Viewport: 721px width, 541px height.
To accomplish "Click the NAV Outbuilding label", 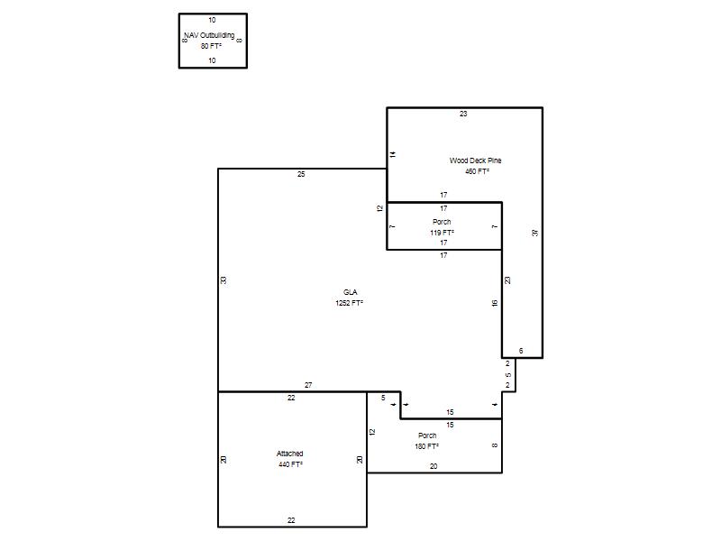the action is [x=210, y=35].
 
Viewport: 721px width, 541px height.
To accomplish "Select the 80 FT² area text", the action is [x=211, y=46].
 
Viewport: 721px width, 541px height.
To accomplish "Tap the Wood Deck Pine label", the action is [x=476, y=160].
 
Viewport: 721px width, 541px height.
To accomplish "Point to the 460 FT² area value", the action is [x=477, y=171].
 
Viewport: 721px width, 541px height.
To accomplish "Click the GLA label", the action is [x=350, y=292].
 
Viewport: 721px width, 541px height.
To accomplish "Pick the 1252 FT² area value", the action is [x=349, y=303].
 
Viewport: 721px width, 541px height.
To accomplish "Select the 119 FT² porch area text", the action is [x=442, y=233].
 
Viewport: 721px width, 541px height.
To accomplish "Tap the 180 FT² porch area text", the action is [x=426, y=446].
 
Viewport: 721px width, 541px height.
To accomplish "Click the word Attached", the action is [x=289, y=454].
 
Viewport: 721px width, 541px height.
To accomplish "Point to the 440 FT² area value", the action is [x=290, y=464].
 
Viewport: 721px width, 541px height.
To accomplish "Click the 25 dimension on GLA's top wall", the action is [x=301, y=174].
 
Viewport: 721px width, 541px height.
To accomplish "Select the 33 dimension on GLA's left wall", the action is [x=224, y=280].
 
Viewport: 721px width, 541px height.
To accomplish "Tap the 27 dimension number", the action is [x=308, y=385].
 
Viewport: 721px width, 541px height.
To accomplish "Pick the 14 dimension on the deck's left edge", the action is [x=393, y=154].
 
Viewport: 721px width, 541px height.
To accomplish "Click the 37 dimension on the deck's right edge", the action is [x=534, y=233].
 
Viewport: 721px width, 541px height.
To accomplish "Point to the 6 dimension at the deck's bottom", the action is [x=521, y=351].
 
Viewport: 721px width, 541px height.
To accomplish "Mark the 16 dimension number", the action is [x=495, y=303].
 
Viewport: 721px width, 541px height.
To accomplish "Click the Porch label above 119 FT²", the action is [x=442, y=222].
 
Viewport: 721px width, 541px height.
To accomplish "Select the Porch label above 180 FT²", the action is [x=427, y=436].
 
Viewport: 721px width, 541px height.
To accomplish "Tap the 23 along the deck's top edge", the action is [x=463, y=114].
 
